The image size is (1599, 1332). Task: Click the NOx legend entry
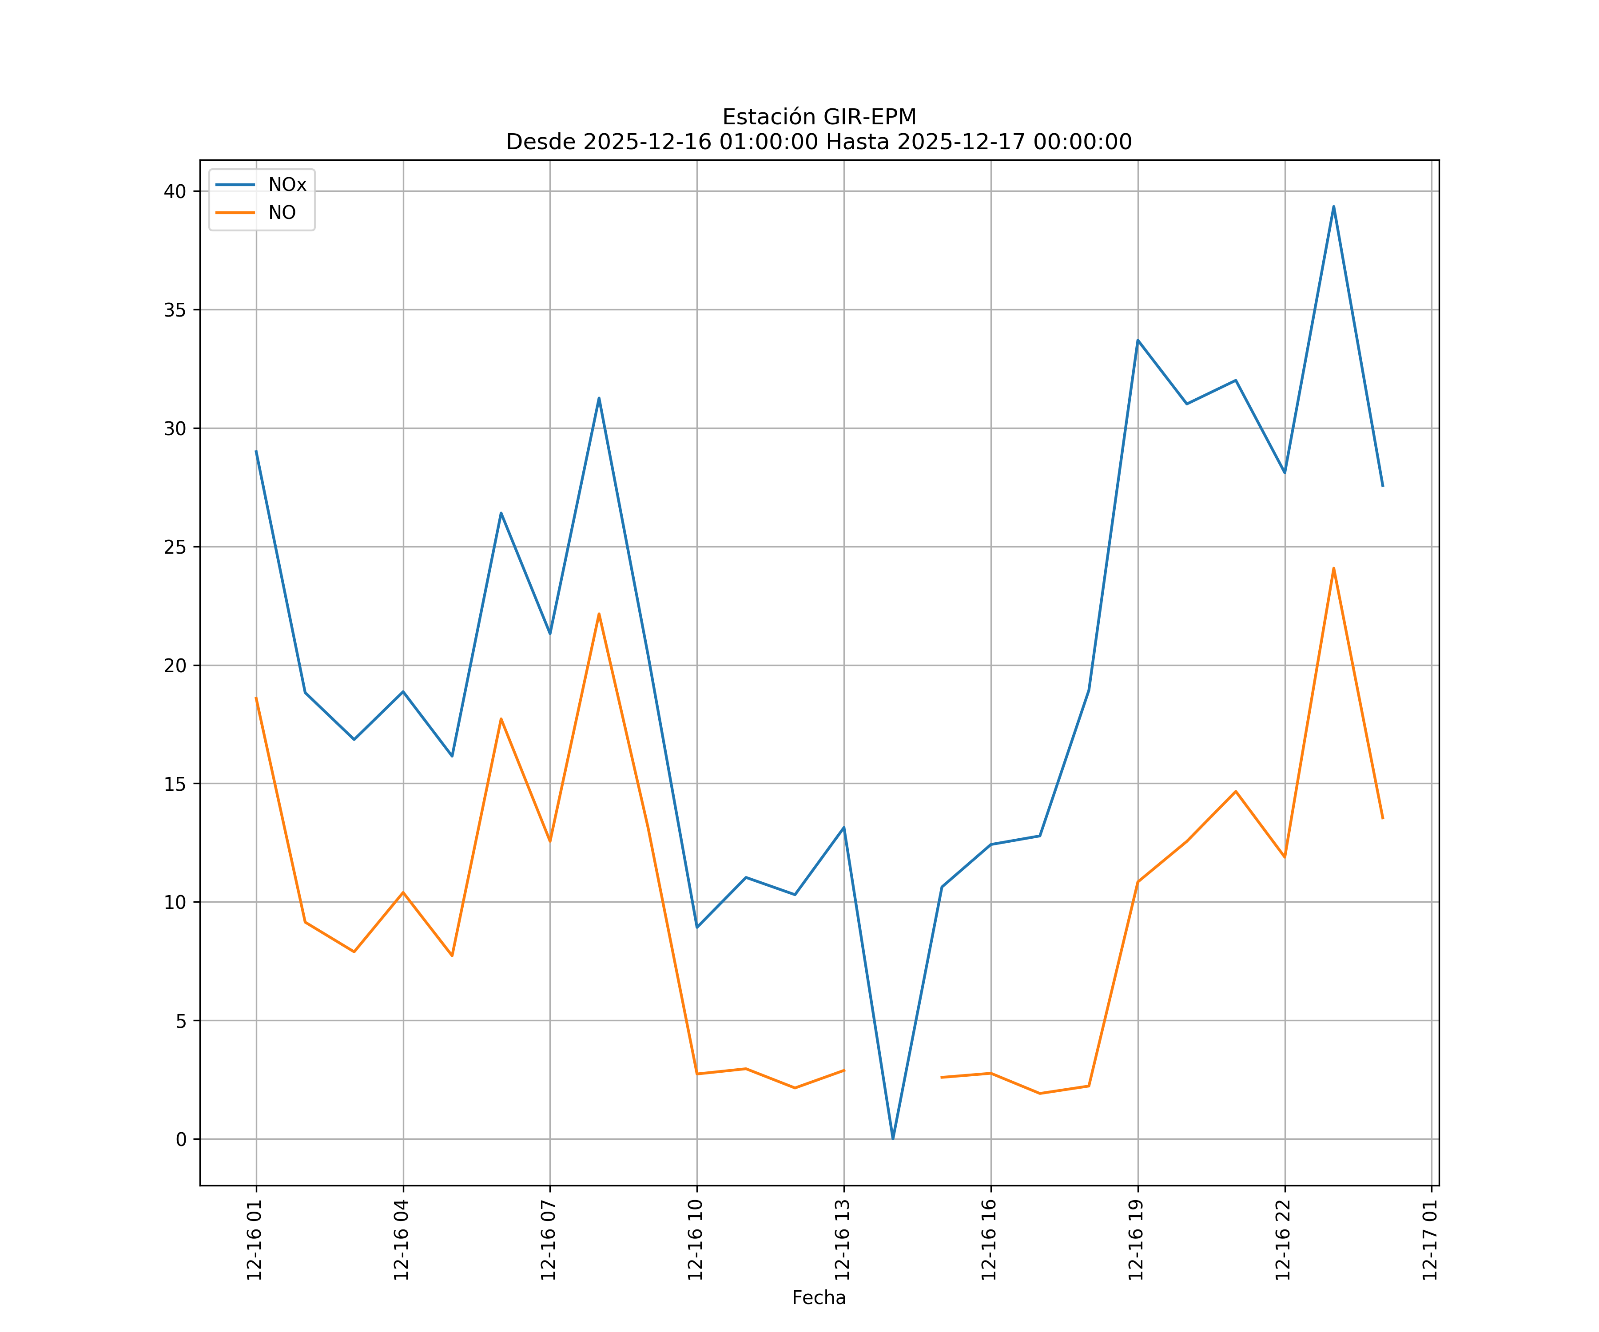point(286,185)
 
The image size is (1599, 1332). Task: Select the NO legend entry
point(281,213)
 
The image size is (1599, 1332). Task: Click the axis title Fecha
point(819,1298)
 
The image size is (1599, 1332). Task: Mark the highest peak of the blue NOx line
point(1333,206)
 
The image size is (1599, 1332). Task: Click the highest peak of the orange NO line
point(1333,568)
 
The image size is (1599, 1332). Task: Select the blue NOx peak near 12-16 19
point(1138,340)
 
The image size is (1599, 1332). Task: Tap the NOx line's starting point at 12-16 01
point(256,452)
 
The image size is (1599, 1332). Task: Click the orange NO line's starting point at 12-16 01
point(256,698)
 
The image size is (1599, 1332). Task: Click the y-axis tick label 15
point(175,784)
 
